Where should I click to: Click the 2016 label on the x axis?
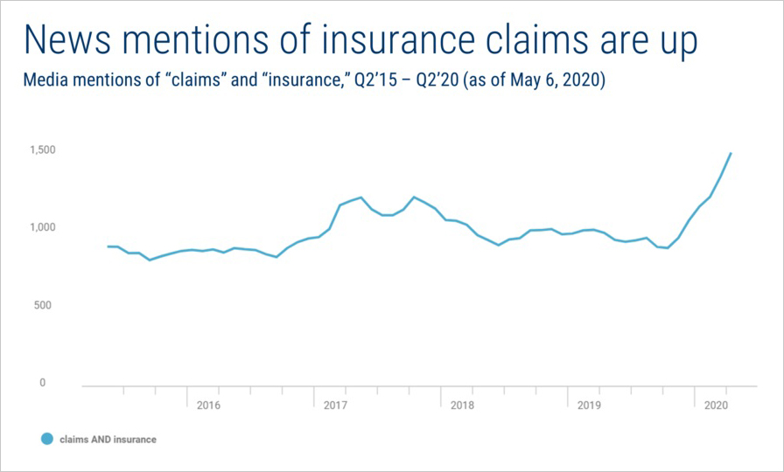click(208, 406)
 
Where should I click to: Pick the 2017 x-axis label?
click(335, 406)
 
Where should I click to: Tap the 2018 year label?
click(462, 406)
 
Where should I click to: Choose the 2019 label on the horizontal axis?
click(589, 406)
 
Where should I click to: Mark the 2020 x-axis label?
click(716, 406)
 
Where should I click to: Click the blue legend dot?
click(46, 439)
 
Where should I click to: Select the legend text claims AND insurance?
click(108, 440)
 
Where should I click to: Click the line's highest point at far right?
click(731, 154)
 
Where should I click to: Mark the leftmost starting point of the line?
click(108, 246)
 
